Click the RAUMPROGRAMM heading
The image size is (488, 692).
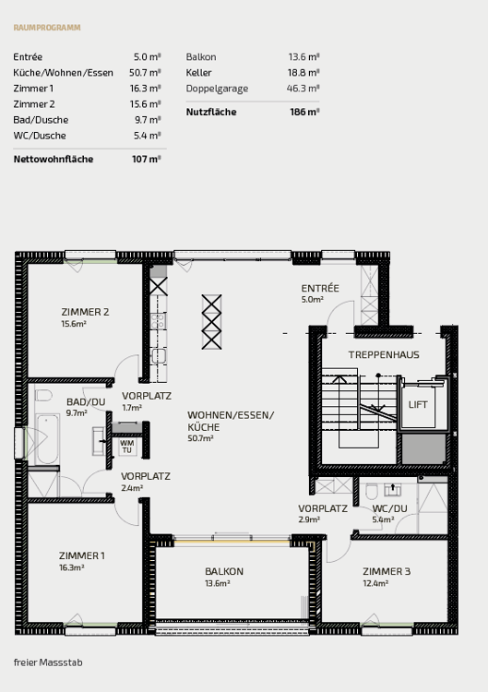(x=47, y=28)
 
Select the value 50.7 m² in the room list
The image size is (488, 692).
(x=147, y=72)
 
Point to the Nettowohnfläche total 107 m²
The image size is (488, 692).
(x=147, y=160)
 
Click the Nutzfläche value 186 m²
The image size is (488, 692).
(x=304, y=112)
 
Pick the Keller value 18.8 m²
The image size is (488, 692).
(x=304, y=72)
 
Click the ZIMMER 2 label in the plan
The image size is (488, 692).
(x=85, y=312)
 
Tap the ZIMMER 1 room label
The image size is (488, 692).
(x=81, y=555)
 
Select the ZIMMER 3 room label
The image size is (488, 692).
(x=387, y=571)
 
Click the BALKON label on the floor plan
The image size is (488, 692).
(x=224, y=571)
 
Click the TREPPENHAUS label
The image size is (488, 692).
(x=384, y=354)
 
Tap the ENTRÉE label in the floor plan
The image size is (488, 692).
(x=320, y=288)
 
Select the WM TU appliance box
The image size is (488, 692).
(x=127, y=446)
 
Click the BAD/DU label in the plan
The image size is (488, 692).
(x=85, y=402)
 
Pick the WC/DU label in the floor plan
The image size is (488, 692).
(x=388, y=508)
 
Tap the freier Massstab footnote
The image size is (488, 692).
(x=48, y=662)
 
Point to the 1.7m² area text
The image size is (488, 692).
(x=132, y=407)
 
